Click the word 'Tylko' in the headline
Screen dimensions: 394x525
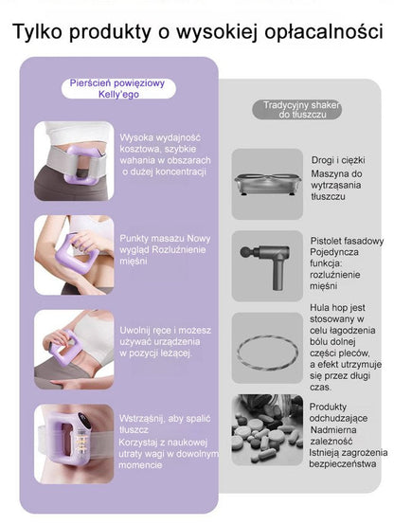(38, 32)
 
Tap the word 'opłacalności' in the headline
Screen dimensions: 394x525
(324, 33)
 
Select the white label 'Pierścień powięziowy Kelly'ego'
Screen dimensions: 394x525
(118, 89)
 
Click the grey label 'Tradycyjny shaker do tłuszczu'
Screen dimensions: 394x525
(297, 110)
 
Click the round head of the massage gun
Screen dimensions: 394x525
(245, 252)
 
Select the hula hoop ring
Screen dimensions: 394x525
(267, 353)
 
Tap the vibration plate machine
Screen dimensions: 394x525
(267, 184)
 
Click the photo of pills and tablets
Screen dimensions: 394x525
(267, 429)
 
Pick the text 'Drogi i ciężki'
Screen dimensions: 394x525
(338, 160)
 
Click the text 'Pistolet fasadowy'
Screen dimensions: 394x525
(347, 241)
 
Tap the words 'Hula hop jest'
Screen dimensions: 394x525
(337, 308)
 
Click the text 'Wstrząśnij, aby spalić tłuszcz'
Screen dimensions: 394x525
(165, 424)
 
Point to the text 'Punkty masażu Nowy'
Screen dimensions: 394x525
(165, 239)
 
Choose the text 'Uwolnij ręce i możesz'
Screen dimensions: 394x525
(166, 331)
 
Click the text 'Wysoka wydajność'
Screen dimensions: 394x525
(160, 137)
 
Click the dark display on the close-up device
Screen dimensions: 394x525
(84, 420)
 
